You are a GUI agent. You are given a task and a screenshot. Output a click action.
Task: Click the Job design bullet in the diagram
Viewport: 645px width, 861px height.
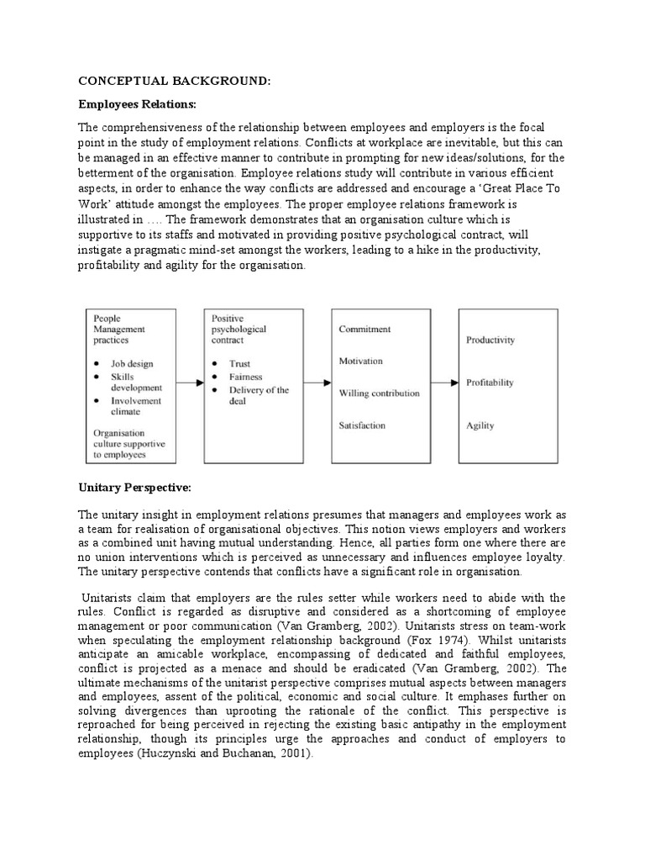click(x=132, y=363)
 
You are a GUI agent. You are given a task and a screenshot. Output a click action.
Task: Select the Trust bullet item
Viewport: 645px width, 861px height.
click(x=240, y=363)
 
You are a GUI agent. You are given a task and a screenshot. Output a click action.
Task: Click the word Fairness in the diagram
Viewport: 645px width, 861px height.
click(x=246, y=377)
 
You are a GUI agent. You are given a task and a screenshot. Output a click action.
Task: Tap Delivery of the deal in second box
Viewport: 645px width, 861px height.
click(x=259, y=396)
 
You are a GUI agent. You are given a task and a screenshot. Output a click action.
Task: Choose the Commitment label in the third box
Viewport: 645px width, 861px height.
click(x=364, y=329)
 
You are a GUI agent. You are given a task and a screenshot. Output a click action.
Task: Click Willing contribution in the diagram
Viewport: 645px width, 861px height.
click(x=379, y=393)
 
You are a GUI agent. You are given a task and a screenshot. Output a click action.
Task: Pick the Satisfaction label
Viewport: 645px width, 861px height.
click(x=362, y=425)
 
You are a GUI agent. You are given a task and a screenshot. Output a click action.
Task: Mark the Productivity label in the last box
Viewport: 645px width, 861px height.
click(x=490, y=340)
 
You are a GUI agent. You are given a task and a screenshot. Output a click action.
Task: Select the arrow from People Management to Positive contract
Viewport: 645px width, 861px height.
click(x=191, y=383)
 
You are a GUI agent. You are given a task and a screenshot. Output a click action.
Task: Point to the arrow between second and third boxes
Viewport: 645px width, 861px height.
click(x=317, y=383)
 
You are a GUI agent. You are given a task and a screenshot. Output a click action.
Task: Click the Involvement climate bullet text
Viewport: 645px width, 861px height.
click(x=138, y=406)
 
